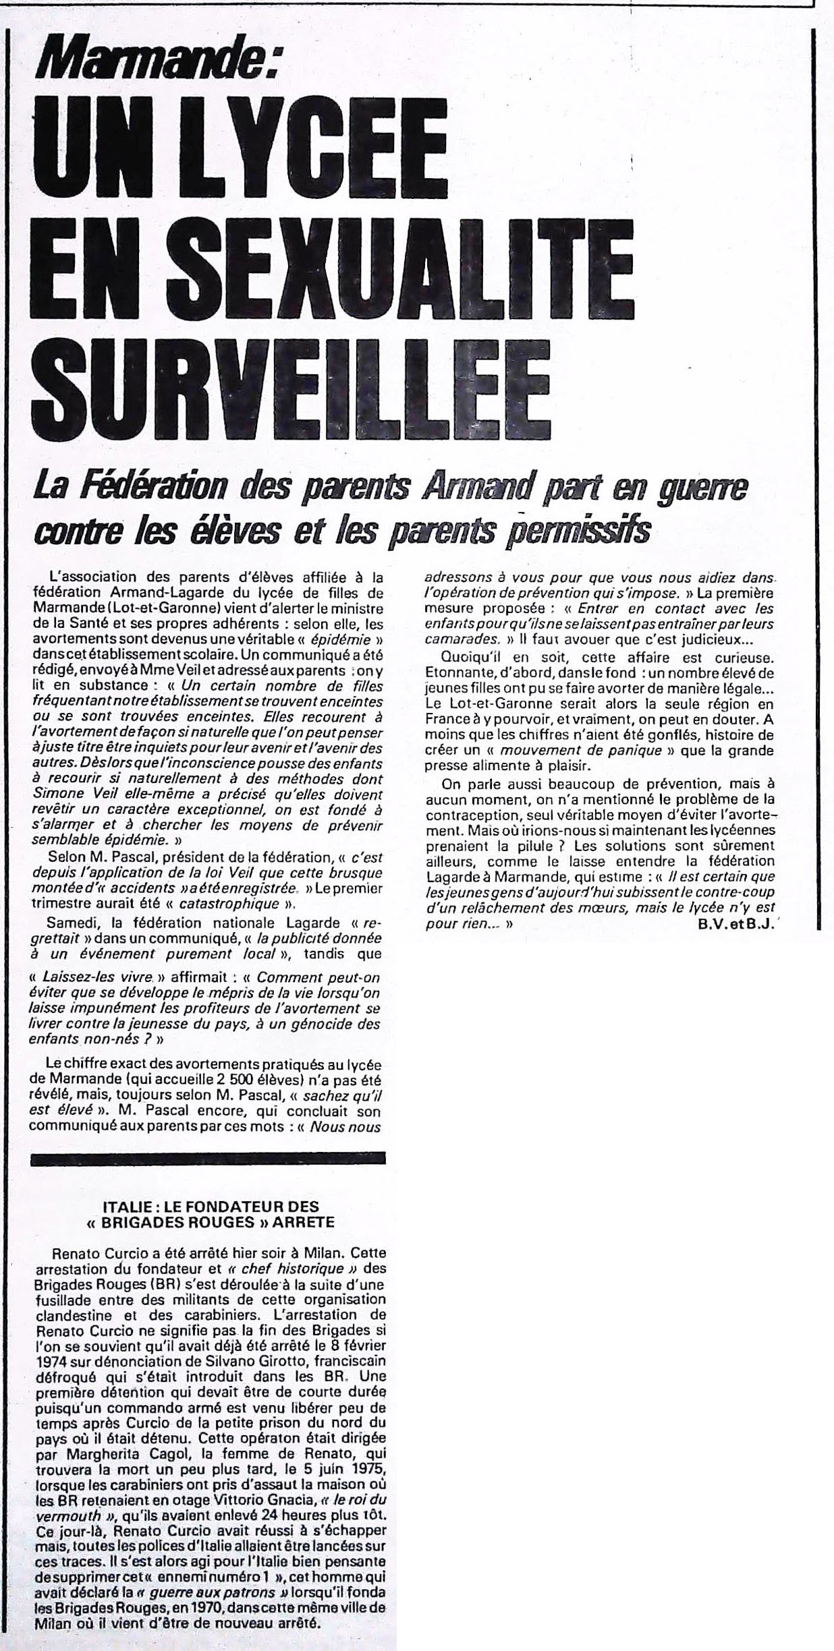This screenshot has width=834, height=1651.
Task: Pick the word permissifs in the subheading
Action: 578,530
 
